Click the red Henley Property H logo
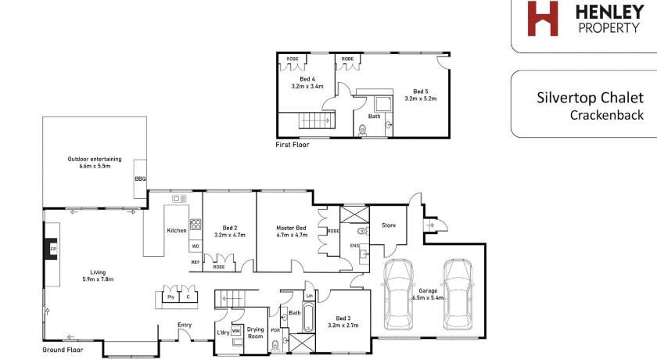(x=543, y=19)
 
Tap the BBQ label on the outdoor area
(x=140, y=178)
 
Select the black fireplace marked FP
(x=51, y=249)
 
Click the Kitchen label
(x=177, y=231)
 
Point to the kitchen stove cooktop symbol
(x=196, y=224)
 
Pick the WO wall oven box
(x=196, y=246)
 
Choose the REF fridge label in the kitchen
(x=196, y=262)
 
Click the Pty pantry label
(x=171, y=297)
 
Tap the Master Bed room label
(x=291, y=228)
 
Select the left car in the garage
(x=399, y=294)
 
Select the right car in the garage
(x=458, y=294)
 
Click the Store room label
(x=389, y=225)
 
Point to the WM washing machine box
(x=236, y=331)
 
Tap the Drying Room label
(x=255, y=333)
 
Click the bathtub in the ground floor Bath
(x=308, y=317)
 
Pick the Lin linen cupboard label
(x=309, y=296)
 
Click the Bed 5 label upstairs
(x=421, y=92)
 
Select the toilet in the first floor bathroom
(x=362, y=131)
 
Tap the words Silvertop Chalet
(x=590, y=98)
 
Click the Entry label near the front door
(x=185, y=325)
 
